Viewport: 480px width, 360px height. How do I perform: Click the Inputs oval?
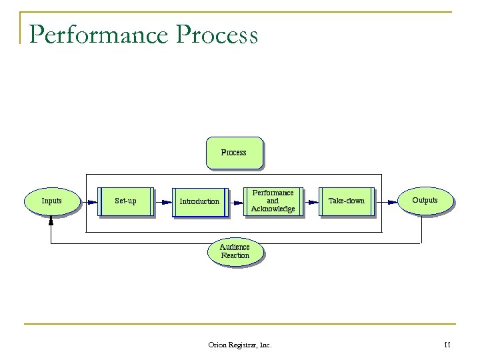tap(52, 201)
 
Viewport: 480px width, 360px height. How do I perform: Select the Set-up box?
tap(125, 201)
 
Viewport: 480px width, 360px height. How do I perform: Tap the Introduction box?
tap(199, 201)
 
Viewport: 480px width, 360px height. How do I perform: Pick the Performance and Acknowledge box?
tap(273, 201)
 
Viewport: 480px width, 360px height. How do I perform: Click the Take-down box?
tap(347, 201)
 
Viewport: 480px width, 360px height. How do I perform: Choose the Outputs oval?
tap(425, 200)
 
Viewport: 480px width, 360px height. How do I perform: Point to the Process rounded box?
tap(234, 153)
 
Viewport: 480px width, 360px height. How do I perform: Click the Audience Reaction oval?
tap(235, 251)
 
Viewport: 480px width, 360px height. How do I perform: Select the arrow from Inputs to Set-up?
tap(89, 201)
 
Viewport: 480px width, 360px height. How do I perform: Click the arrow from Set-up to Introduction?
tap(162, 201)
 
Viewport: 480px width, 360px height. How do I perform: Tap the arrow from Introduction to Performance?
tap(236, 201)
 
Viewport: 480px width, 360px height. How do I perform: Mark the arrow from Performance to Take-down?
tap(310, 201)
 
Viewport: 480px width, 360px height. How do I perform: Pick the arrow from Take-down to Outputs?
tap(385, 201)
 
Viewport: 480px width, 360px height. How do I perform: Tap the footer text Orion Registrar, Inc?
tap(240, 345)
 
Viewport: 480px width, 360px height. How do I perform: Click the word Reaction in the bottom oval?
tap(235, 256)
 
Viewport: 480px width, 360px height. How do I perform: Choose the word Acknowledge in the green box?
tap(273, 209)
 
